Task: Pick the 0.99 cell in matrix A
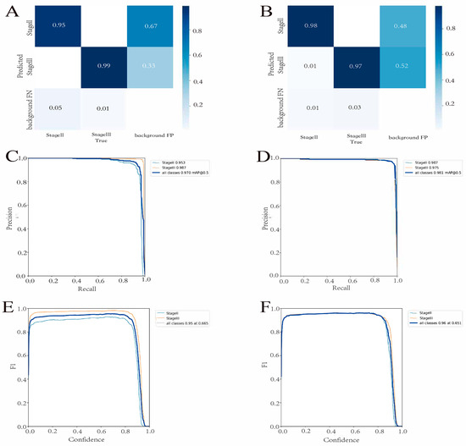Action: click(x=109, y=68)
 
